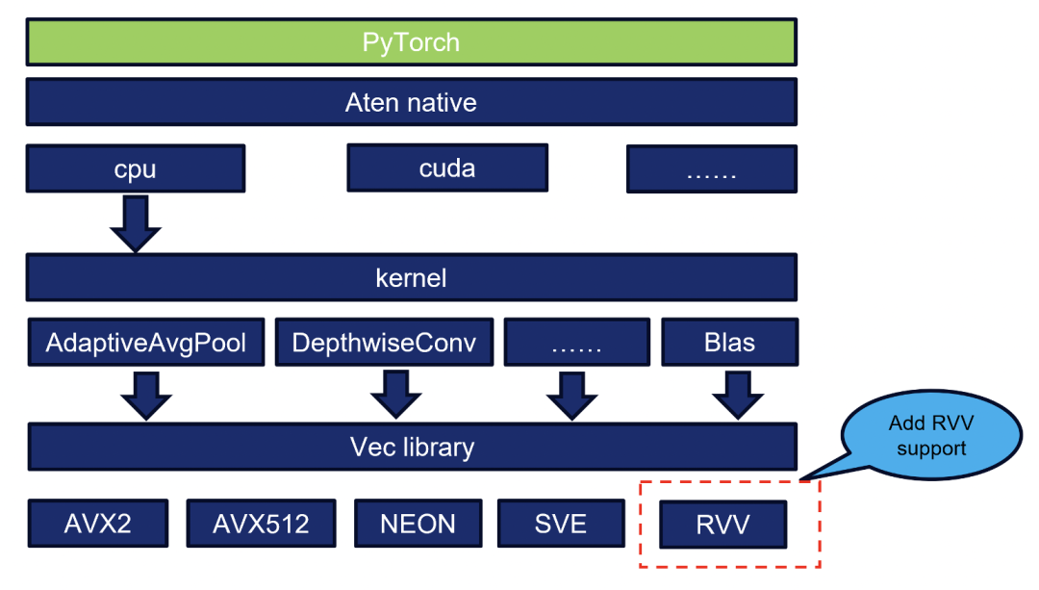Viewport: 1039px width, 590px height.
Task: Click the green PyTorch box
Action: [411, 42]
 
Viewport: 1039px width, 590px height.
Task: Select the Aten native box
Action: [411, 102]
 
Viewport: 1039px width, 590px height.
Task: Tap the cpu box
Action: [135, 168]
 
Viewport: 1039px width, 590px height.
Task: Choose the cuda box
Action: [447, 168]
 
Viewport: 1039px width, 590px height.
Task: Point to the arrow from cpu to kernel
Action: [135, 223]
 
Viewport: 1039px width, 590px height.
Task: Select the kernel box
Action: [411, 278]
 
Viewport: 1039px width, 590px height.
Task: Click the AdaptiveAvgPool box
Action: [146, 343]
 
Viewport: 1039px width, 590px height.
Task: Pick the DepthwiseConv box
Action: [384, 343]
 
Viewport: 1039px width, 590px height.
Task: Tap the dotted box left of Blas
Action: [576, 343]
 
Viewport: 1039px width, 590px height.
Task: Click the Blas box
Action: [729, 343]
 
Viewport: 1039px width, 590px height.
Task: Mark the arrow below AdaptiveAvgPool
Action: [146, 394]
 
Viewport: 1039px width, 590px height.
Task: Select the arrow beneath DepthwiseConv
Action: [395, 394]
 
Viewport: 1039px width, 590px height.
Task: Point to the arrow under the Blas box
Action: [737, 394]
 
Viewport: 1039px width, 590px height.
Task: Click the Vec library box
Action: [411, 447]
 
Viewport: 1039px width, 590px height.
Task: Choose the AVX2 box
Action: [98, 523]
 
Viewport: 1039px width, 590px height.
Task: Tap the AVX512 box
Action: [261, 523]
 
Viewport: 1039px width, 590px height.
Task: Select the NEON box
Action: [418, 523]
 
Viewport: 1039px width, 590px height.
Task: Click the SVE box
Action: [560, 523]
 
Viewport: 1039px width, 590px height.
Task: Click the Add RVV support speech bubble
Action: [929, 438]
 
